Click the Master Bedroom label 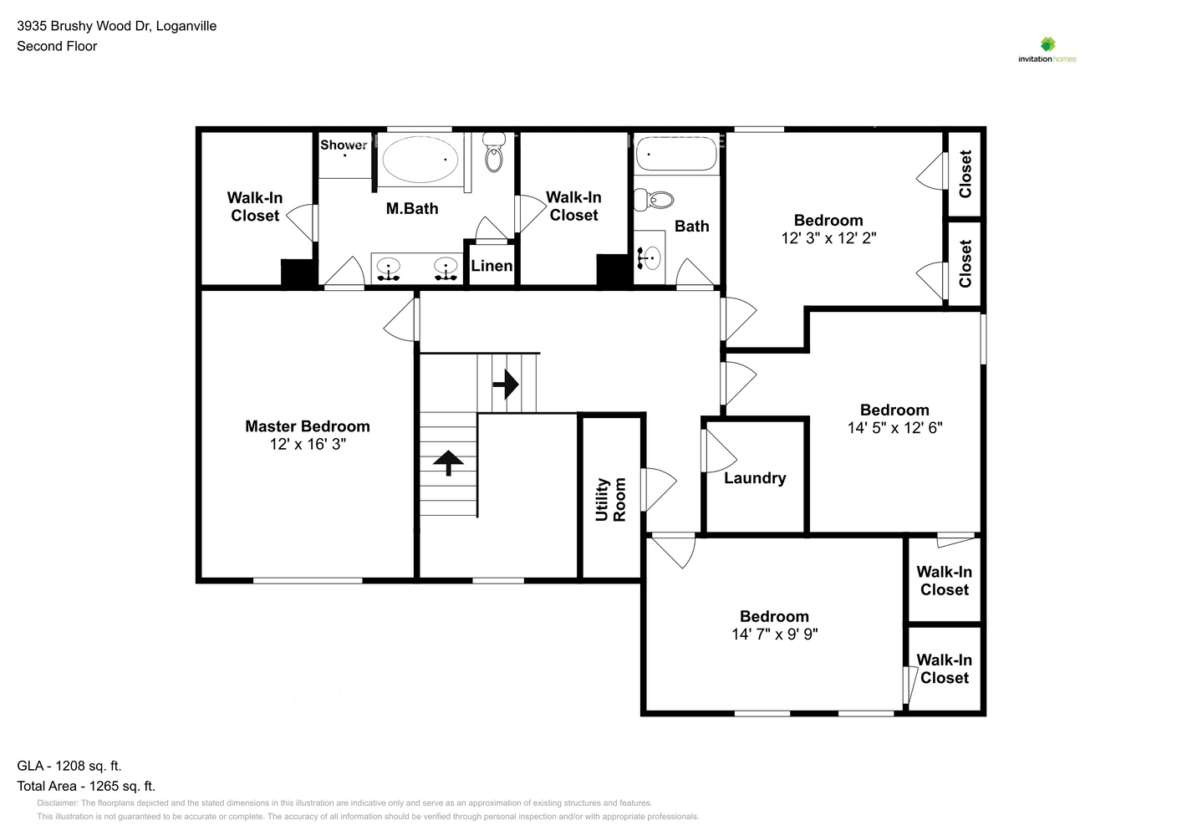[307, 426]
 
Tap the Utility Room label [610, 499]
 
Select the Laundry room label [755, 478]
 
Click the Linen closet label [492, 266]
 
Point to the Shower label [344, 145]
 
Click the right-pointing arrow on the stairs [506, 385]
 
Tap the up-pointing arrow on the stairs [448, 462]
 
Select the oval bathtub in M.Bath [420, 159]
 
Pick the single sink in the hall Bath [650, 258]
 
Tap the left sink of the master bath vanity [388, 268]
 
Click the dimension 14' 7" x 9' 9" [774, 635]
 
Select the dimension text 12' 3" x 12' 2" [828, 238]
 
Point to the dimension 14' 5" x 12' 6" [894, 428]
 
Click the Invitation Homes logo [1047, 49]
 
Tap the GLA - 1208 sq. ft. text [69, 766]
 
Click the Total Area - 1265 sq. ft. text [86, 786]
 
